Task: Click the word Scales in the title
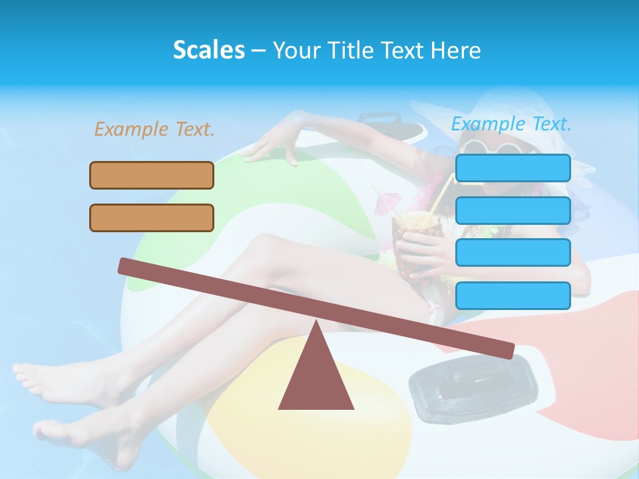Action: (208, 50)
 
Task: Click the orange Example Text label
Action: (154, 129)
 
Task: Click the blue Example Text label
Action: (511, 124)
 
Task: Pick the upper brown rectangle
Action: (152, 175)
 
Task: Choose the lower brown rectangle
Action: (152, 218)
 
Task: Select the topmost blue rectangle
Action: (513, 168)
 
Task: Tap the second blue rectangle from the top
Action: (513, 210)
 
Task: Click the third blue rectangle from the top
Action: (513, 252)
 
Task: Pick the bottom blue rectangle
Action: (513, 295)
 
